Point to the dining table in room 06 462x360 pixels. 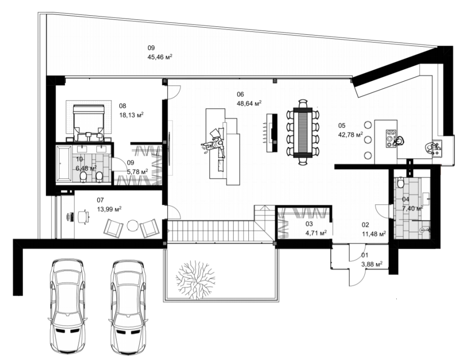[302, 131]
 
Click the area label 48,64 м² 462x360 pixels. [249, 104]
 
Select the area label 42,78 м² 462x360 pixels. [351, 135]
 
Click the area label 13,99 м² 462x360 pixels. [109, 209]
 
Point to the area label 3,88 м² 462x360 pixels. [371, 264]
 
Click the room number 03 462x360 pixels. [308, 224]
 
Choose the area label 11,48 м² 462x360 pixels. [374, 234]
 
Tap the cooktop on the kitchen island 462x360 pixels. [391, 138]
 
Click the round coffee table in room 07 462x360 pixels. [133, 226]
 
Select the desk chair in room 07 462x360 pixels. [84, 217]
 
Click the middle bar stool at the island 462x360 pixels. [368, 140]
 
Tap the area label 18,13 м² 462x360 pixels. [131, 115]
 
